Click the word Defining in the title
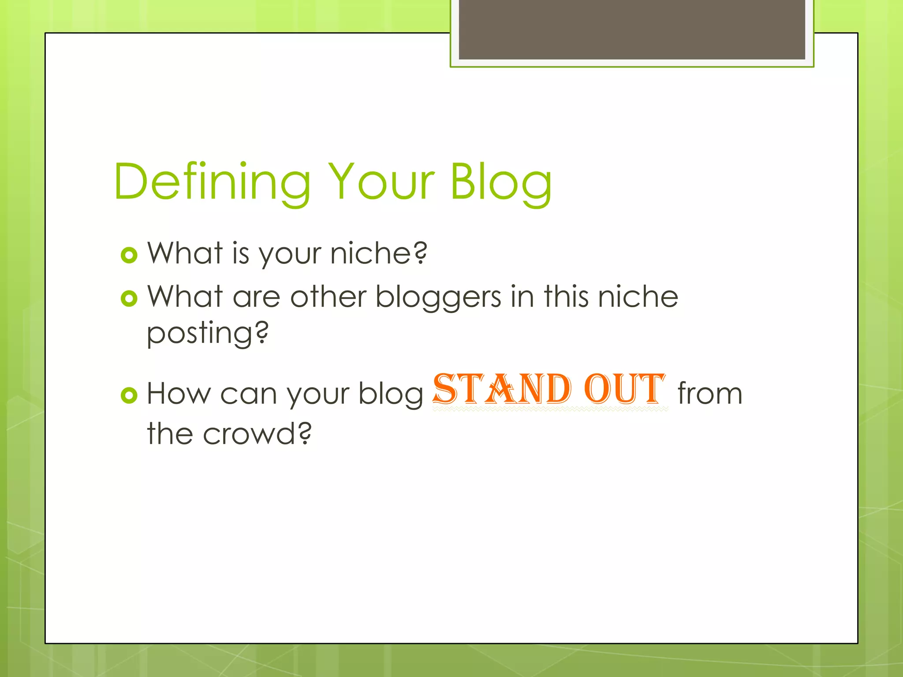pos(212,182)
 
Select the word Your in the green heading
pos(382,182)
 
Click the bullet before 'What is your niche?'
pos(129,255)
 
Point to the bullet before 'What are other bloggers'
pos(129,299)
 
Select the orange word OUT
pos(624,389)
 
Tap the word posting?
pos(207,334)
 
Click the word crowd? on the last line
pos(257,434)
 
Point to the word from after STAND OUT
pos(710,393)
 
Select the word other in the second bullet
pos(328,297)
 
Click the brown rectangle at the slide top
pos(632,30)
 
